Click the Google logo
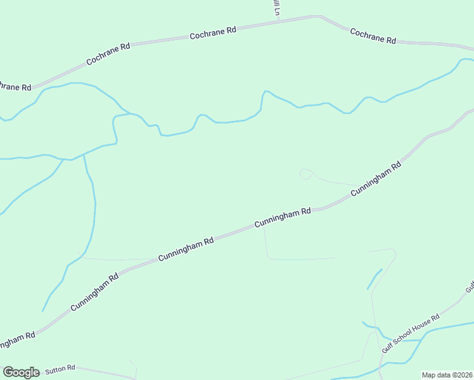21,372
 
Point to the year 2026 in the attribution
463,375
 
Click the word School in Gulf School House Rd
404,338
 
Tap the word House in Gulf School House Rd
421,326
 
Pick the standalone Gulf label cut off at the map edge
469,286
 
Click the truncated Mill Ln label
276,8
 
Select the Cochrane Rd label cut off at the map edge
15,85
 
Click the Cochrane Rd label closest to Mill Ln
213,33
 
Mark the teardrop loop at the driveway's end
305,174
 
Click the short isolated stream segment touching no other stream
374,279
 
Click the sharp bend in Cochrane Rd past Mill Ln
321,17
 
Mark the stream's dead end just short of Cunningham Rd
43,310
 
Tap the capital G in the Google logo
9,372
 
